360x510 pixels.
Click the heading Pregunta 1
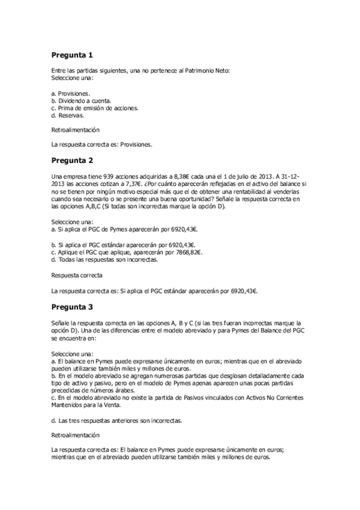click(72, 56)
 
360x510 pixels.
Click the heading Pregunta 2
click(72, 161)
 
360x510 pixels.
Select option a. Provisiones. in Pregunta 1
click(71, 94)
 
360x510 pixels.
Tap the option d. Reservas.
click(67, 115)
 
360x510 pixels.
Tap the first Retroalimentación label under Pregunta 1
click(75, 129)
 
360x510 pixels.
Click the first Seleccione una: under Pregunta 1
click(72, 79)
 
